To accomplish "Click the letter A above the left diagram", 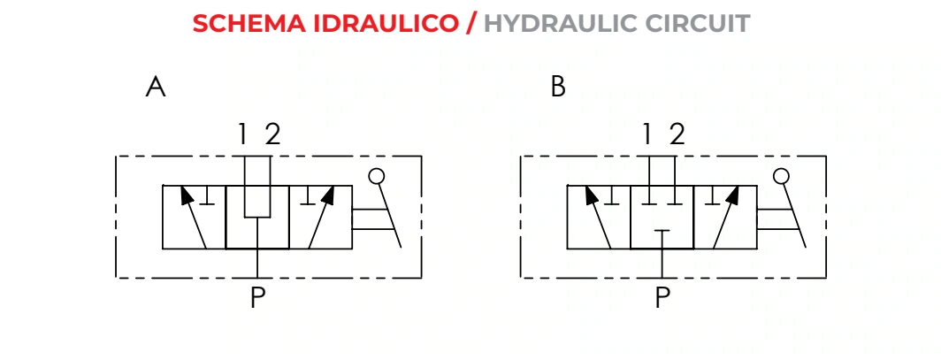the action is (x=156, y=87).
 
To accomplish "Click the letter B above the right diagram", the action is (x=558, y=87).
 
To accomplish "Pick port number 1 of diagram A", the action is (x=242, y=134).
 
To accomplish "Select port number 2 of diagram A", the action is (x=272, y=134).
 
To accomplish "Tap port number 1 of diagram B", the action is (x=647, y=134).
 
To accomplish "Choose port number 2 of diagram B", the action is (x=677, y=134).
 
